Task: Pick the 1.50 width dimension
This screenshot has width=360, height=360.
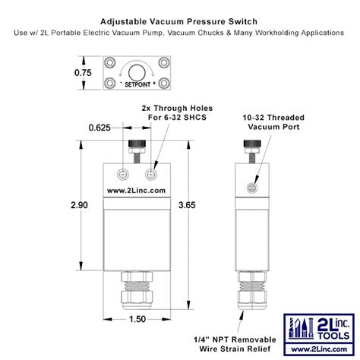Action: pyautogui.click(x=137, y=319)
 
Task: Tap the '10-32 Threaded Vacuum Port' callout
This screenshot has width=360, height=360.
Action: pyautogui.click(x=274, y=124)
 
